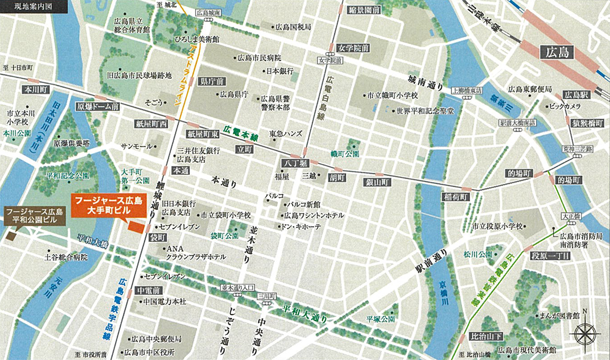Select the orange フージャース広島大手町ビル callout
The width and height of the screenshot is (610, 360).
point(109,204)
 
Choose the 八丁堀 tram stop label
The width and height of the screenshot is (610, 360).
point(294,163)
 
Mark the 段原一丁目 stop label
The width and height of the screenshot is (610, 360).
point(550,255)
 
